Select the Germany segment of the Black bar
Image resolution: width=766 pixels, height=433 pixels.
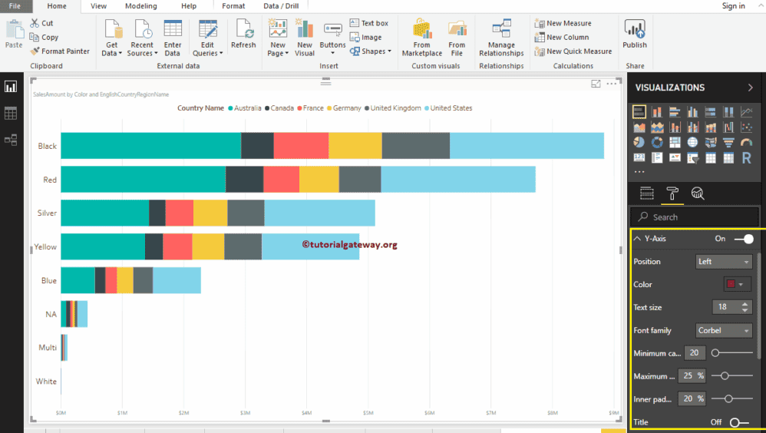point(355,146)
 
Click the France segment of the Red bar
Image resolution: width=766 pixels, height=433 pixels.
point(281,180)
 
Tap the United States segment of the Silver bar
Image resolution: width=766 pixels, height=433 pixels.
point(319,213)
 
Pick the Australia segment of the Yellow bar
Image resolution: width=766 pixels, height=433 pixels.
point(103,246)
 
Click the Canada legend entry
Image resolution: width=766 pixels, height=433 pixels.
point(279,108)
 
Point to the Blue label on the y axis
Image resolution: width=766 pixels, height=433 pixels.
point(49,281)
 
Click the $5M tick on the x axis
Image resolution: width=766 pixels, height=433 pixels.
point(368,413)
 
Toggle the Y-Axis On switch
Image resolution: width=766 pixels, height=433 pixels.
point(743,239)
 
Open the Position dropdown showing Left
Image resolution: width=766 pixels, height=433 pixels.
point(724,262)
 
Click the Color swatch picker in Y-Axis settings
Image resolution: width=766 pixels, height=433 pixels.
point(738,284)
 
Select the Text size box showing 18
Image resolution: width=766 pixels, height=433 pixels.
point(726,307)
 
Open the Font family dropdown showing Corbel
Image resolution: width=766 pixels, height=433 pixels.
point(724,331)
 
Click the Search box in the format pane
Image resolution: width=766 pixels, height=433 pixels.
point(695,217)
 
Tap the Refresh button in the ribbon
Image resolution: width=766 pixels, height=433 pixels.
point(243,35)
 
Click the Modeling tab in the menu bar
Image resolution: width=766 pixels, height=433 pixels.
point(140,6)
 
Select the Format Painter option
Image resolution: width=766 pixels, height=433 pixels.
point(60,51)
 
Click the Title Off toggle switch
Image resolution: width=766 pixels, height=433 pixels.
point(739,422)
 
